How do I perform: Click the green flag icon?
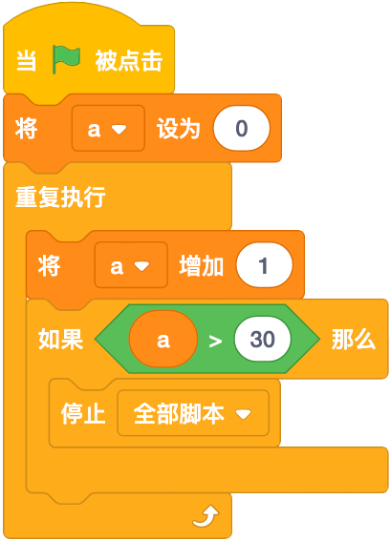pos(66,59)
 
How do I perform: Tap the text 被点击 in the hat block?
pos(129,61)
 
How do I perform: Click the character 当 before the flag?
pos(27,61)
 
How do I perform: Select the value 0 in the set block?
pos(242,128)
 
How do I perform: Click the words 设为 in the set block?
pos(178,129)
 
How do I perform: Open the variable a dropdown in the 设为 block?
pos(108,128)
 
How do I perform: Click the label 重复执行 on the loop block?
pos(60,197)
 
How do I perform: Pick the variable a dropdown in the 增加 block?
pos(131,265)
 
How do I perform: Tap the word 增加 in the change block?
pos(201,266)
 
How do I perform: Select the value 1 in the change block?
pos(265,265)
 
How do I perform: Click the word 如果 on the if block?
pos(60,340)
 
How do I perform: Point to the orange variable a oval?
pos(163,339)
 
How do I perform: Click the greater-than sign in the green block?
pos(215,341)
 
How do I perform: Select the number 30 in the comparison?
pos(262,339)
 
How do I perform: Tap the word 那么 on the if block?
pos(354,340)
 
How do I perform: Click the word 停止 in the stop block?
pos(83,413)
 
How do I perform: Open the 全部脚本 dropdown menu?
pos(193,413)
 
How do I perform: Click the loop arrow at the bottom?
pos(206,516)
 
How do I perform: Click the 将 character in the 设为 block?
pos(26,129)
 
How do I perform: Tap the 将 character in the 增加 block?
pos(49,266)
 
